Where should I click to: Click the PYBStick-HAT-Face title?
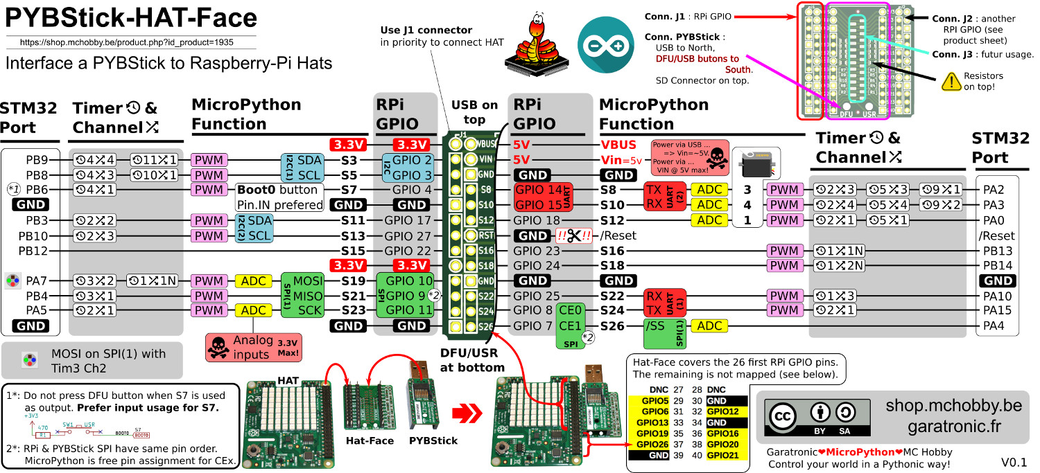tap(131, 19)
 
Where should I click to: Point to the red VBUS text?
tap(619, 145)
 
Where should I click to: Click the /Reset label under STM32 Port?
tap(996, 235)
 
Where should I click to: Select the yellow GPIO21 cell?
tap(723, 455)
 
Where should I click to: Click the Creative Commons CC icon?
tap(784, 416)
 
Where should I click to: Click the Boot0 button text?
tap(277, 190)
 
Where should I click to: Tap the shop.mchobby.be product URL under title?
tap(127, 42)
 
